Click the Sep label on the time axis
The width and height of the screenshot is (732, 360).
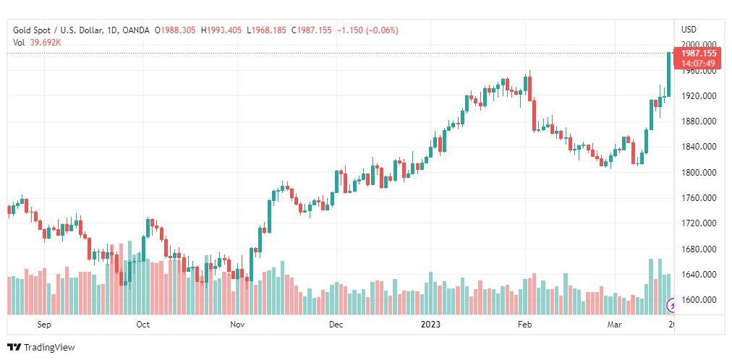point(44,325)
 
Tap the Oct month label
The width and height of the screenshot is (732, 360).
point(142,325)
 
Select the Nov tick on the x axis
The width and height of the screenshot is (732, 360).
point(238,325)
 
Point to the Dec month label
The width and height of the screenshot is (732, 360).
point(336,325)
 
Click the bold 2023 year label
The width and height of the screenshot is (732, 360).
point(431,325)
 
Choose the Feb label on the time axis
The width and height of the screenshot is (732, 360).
point(525,325)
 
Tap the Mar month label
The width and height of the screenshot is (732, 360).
point(615,325)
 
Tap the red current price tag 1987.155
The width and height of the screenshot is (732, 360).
point(698,53)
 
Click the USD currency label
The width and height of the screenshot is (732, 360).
point(689,30)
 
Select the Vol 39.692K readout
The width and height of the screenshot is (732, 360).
point(37,42)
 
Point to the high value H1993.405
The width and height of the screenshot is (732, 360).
point(222,30)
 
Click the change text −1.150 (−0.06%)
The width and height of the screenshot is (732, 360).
point(367,30)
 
